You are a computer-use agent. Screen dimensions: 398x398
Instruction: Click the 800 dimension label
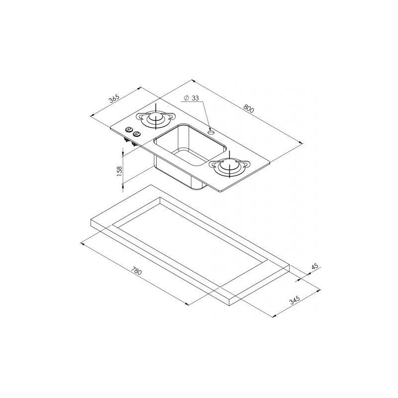(249, 108)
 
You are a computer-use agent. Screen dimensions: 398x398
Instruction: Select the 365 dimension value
(114, 99)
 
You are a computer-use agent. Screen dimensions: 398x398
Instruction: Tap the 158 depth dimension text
(119, 170)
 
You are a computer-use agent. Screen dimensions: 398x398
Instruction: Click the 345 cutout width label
(295, 300)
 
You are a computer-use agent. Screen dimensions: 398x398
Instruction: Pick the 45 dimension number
(315, 266)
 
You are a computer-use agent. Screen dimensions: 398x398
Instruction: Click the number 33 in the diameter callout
(195, 98)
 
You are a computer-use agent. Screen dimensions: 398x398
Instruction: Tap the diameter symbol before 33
(186, 98)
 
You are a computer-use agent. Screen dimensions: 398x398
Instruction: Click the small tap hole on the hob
(210, 132)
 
